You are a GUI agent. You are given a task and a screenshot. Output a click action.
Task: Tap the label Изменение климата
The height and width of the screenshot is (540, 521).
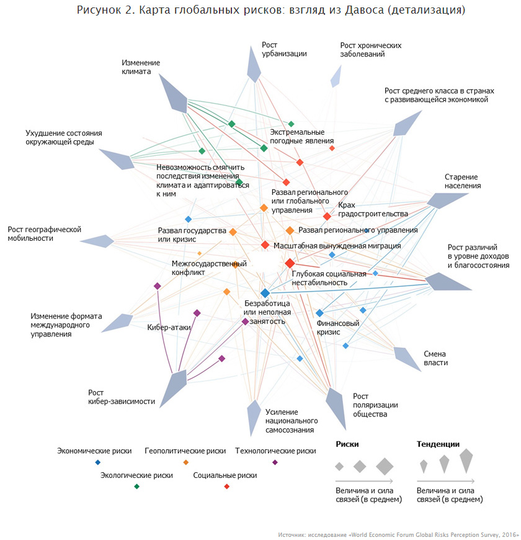click(x=140, y=67)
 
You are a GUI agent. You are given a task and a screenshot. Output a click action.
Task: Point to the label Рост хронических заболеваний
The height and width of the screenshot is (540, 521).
click(x=371, y=50)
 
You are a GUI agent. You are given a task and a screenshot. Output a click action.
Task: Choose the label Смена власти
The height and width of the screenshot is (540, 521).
click(x=435, y=358)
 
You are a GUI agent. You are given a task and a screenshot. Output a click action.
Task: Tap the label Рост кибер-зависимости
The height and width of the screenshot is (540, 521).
click(x=122, y=397)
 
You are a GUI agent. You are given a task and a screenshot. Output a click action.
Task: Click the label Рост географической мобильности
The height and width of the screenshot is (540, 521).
click(x=45, y=233)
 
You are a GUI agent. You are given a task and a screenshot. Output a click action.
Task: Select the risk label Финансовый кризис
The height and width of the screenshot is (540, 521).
click(x=338, y=328)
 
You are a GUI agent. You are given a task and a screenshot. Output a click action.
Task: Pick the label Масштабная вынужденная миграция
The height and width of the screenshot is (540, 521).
click(x=337, y=246)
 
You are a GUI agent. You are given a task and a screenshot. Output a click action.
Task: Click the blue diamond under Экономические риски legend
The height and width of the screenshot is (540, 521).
click(x=98, y=462)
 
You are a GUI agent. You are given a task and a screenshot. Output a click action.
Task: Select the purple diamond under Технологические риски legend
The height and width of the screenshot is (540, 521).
click(x=275, y=462)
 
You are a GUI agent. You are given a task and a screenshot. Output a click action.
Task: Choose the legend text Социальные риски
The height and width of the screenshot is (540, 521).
click(x=225, y=475)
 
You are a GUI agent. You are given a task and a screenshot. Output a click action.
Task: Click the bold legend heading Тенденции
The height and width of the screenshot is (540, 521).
click(x=438, y=444)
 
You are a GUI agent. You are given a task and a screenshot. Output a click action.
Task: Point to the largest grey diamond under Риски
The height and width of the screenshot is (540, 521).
click(x=385, y=466)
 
